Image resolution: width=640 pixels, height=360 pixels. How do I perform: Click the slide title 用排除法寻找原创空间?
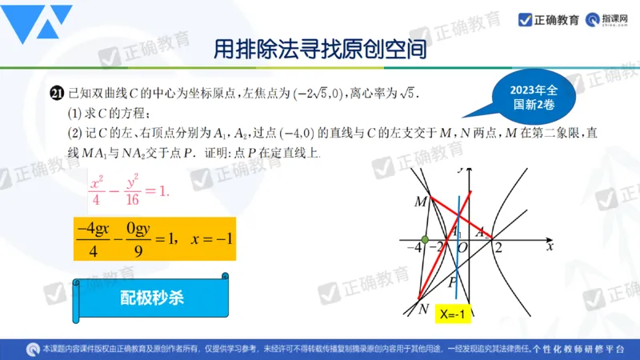pyautogui.click(x=319, y=50)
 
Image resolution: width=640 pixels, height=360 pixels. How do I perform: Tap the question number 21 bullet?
pyautogui.click(x=56, y=94)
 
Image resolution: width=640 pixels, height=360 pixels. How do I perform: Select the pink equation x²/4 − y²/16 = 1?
pyautogui.click(x=129, y=189)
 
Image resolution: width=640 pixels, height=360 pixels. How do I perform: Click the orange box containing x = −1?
pyautogui.click(x=154, y=238)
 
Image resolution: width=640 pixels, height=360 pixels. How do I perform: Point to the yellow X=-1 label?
pyautogui.click(x=451, y=316)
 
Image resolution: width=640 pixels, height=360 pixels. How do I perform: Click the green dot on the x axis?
pyautogui.click(x=425, y=239)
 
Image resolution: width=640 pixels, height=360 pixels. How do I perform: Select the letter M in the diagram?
pyautogui.click(x=420, y=202)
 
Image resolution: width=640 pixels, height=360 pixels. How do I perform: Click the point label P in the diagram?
pyautogui.click(x=452, y=282)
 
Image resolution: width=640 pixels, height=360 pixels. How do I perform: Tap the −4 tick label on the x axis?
pyautogui.click(x=414, y=248)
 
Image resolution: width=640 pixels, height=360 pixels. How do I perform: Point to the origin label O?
pyautogui.click(x=462, y=248)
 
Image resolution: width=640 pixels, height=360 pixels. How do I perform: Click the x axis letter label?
pyautogui.click(x=550, y=247)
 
